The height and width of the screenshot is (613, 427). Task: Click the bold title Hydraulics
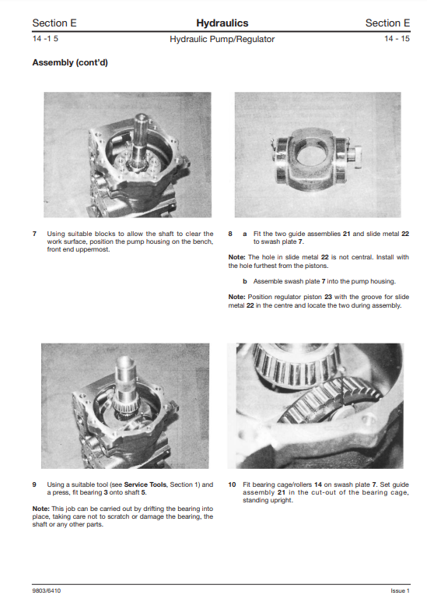(222, 23)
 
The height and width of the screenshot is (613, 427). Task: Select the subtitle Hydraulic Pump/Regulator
(222, 39)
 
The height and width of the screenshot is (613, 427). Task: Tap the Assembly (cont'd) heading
(70, 62)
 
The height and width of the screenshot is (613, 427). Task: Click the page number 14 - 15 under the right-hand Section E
(397, 38)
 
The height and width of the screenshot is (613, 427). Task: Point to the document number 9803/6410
(47, 590)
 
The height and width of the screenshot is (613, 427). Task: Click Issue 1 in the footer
(400, 590)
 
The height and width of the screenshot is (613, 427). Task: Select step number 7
(34, 234)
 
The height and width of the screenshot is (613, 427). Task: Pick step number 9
(34, 484)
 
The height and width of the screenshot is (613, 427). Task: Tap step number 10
(232, 484)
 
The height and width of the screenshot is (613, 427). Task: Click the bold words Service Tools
(145, 484)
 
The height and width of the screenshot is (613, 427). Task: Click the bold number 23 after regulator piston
(328, 297)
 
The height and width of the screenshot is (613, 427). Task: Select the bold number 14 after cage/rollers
(318, 484)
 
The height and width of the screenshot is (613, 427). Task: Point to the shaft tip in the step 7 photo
(140, 117)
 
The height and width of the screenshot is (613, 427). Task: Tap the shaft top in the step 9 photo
(125, 361)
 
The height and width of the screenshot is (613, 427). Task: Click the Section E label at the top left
(54, 23)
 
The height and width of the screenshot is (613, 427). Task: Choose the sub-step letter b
(245, 281)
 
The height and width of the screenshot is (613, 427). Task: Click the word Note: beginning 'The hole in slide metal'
(237, 257)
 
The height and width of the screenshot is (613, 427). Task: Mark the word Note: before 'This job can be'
(41, 509)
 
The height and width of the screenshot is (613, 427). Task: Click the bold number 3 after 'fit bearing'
(106, 492)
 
